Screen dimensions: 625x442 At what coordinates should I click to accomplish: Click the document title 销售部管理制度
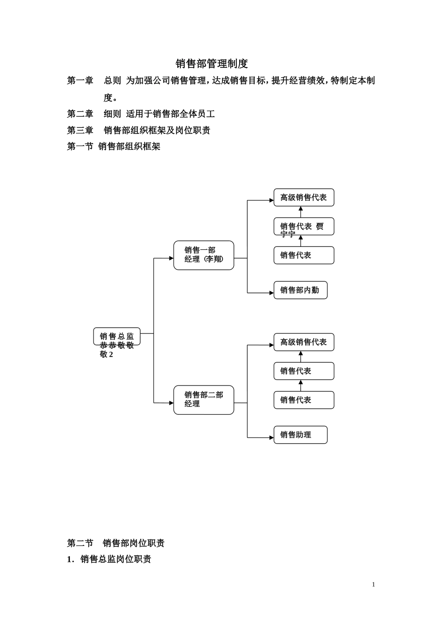point(212,64)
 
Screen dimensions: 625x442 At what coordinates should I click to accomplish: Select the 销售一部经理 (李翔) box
point(204,255)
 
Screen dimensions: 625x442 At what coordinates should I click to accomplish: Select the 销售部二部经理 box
point(204,400)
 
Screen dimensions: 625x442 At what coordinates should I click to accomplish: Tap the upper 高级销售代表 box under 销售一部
point(304,198)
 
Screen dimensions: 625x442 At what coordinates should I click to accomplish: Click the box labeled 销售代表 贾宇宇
point(304,227)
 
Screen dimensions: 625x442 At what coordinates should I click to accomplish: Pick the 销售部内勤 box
point(301,290)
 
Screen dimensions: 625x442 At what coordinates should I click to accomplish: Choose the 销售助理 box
point(301,435)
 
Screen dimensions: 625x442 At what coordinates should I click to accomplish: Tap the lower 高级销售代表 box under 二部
point(304,342)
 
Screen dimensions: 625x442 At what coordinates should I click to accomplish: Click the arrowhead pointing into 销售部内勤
point(271,293)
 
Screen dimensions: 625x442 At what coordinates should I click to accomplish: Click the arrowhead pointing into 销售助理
point(271,438)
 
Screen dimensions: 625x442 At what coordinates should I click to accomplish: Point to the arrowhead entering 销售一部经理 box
point(171,258)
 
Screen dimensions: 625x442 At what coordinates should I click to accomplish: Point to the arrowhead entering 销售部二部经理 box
point(171,403)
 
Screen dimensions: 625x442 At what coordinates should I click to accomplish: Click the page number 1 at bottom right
point(373,585)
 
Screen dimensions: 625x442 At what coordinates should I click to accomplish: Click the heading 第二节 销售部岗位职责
point(116,543)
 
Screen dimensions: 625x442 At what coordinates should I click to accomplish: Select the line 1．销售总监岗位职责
point(109,559)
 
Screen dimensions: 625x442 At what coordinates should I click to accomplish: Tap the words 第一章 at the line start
point(80,80)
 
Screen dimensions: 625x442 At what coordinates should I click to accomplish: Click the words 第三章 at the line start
point(80,130)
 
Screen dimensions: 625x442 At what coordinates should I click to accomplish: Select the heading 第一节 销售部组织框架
point(114,146)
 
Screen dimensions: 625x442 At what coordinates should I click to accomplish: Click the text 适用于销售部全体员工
point(170,114)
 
